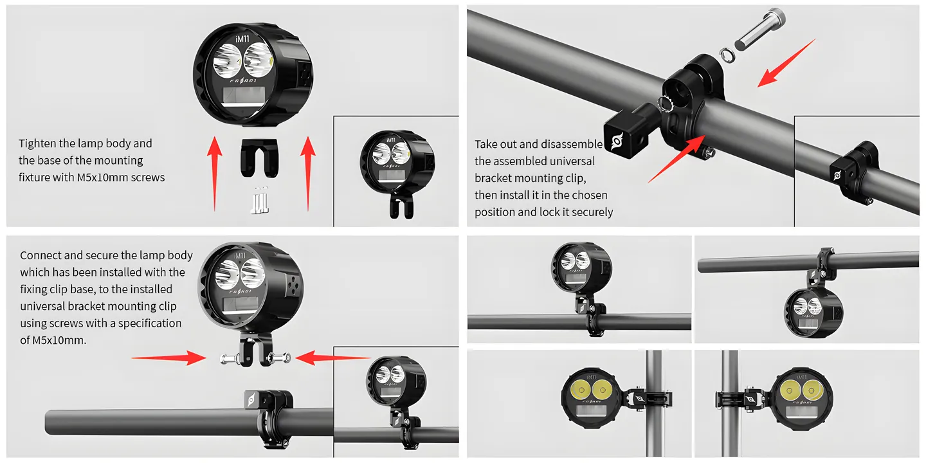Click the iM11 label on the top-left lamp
pos(242,39)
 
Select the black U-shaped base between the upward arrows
pos(260,158)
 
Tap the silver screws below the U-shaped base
pos(260,200)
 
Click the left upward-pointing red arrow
pos(215,174)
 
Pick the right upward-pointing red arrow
pos(308,174)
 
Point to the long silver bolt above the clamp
pos(760,29)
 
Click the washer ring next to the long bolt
pos(727,55)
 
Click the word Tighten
pos(37,143)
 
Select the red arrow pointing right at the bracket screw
pos(168,358)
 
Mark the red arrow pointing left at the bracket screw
pos(333,358)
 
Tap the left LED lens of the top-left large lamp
pos(227,60)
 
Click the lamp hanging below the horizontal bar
pos(813,313)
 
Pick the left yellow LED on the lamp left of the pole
pos(581,390)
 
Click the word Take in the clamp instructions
pos(486,144)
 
